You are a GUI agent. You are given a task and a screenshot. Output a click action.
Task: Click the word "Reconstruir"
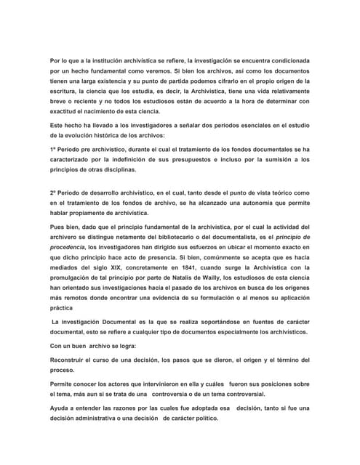(x=73, y=360)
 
